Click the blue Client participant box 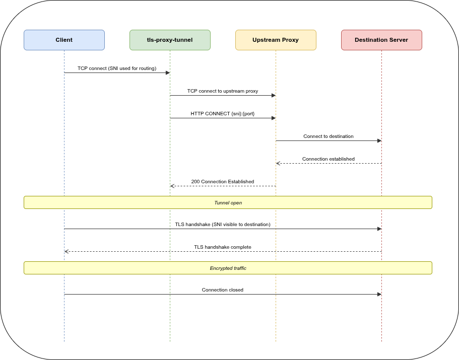64,40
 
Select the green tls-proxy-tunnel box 170,40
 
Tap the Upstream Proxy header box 276,40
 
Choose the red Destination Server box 381,40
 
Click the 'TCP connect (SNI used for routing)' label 117,68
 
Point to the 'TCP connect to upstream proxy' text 223,91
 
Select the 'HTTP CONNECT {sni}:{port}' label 223,114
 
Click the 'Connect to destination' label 329,136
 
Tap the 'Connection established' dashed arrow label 329,159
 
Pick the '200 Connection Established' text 223,182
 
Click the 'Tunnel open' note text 228,203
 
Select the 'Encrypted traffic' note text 228,268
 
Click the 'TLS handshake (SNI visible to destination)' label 223,225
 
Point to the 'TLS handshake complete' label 223,247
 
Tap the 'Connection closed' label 223,290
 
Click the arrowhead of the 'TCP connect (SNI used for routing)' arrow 168,73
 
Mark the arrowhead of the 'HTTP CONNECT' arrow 274,118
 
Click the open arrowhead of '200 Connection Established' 172,186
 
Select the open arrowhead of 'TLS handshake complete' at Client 66,251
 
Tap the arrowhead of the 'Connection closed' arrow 379,294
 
